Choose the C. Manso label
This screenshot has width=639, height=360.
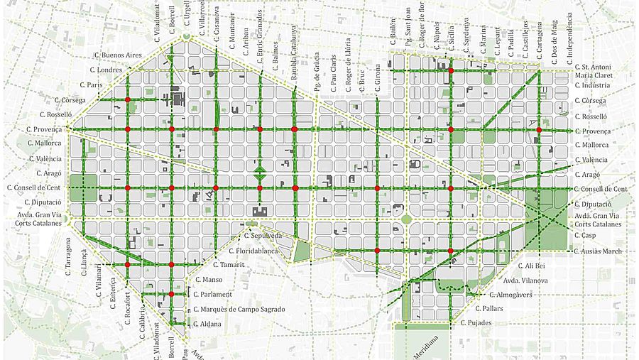[x=209, y=280]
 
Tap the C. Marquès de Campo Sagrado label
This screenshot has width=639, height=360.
[x=239, y=309]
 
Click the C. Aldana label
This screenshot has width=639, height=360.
[x=207, y=324]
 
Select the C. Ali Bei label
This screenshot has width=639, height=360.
[x=530, y=266]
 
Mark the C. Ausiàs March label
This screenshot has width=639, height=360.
[x=599, y=251]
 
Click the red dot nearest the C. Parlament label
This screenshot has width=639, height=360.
[x=171, y=294]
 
